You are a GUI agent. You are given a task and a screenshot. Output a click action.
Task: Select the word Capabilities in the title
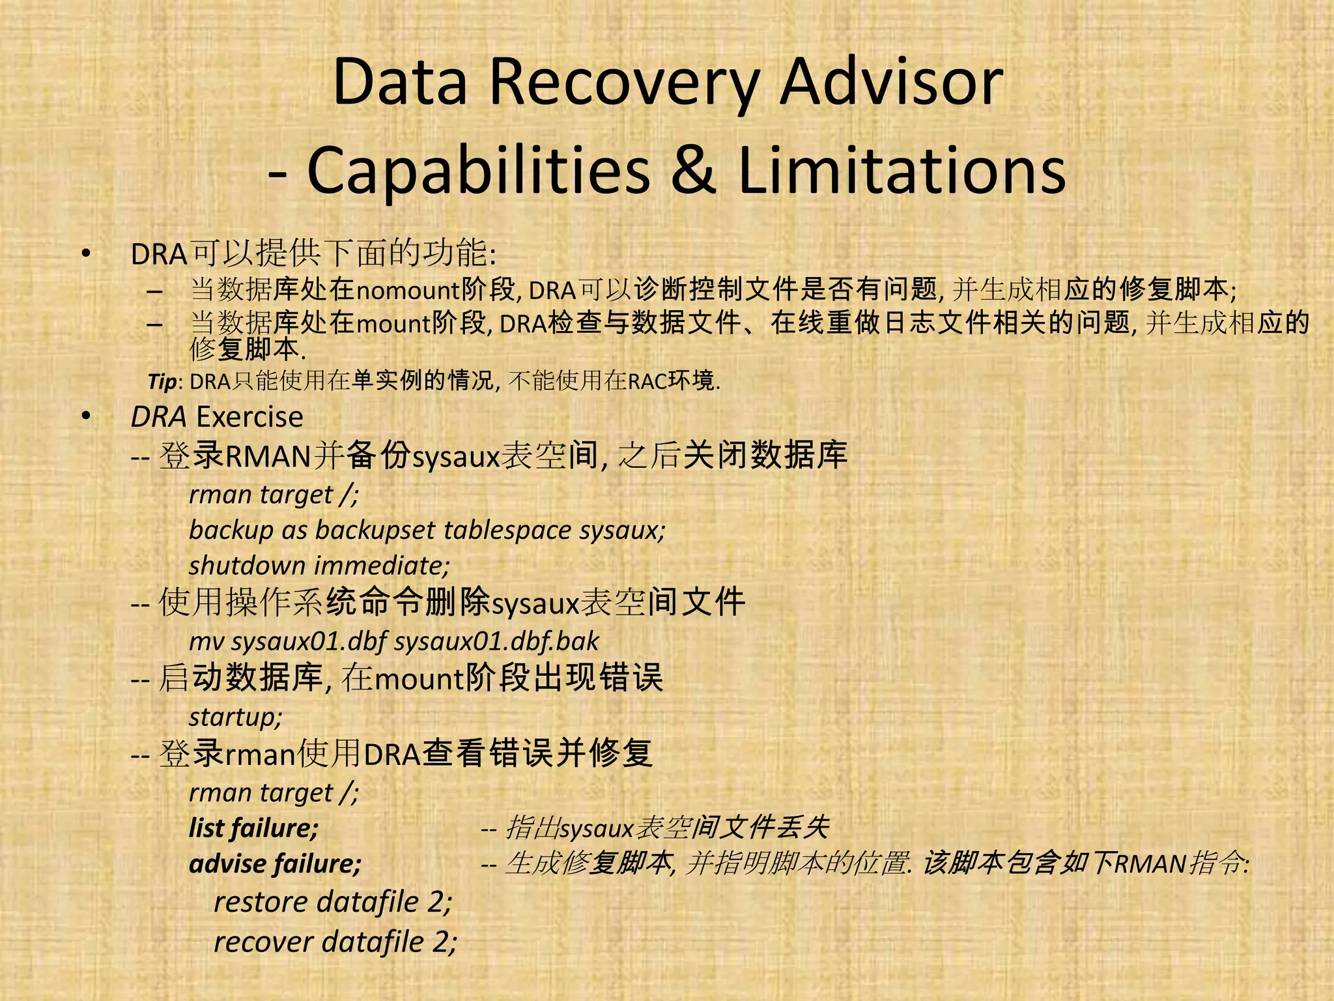[x=479, y=171]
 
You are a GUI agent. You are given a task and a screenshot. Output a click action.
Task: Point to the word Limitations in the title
[x=902, y=171]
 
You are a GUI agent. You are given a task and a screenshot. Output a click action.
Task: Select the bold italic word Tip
[x=162, y=382]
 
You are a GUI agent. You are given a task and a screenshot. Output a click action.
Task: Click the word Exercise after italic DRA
[x=249, y=417]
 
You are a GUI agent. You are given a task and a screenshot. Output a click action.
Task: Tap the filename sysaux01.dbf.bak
[x=496, y=642]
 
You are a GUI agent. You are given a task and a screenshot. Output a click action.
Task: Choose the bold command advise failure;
[x=275, y=864]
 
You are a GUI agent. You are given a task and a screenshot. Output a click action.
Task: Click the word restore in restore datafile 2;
[x=261, y=903]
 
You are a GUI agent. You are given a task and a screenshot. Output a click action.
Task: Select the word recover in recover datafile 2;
[x=264, y=942]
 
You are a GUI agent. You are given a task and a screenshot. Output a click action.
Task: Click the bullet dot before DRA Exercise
[x=86, y=417]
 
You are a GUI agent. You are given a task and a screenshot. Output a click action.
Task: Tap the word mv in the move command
[x=206, y=642]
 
